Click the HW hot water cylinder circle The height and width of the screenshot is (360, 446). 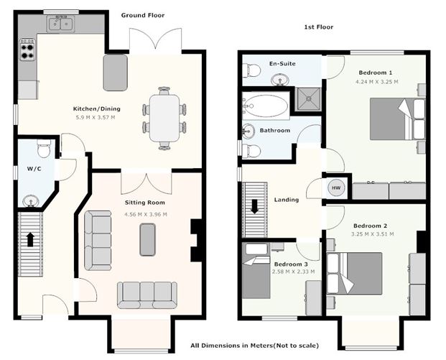pos(336,188)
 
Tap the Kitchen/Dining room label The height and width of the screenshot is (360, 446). pos(97,109)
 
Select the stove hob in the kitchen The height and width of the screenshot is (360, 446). pos(27,50)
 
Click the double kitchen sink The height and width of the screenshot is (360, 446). pos(60,24)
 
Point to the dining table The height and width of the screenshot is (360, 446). pos(164,118)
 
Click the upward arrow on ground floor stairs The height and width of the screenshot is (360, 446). pos(30,239)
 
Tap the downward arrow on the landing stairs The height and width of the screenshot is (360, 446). pos(254,206)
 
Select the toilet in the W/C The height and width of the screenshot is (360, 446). pos(44,149)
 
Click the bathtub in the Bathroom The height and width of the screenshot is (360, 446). pos(266,106)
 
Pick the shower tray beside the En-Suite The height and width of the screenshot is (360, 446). pos(308,98)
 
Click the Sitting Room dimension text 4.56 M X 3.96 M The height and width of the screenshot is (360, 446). pos(146,214)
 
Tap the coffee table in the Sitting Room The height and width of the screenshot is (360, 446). pos(148,239)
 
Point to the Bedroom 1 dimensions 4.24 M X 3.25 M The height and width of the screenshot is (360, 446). pos(377,82)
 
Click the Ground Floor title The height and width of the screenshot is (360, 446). pos(143,15)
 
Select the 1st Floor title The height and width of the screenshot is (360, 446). pos(319,27)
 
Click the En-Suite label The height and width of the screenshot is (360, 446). pos(282,63)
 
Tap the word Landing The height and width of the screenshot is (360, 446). pos(287,200)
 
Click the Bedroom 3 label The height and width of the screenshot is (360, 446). pos(291,264)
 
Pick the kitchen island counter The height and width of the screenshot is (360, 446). pos(115,73)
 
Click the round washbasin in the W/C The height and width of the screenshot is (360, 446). pos(30,201)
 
